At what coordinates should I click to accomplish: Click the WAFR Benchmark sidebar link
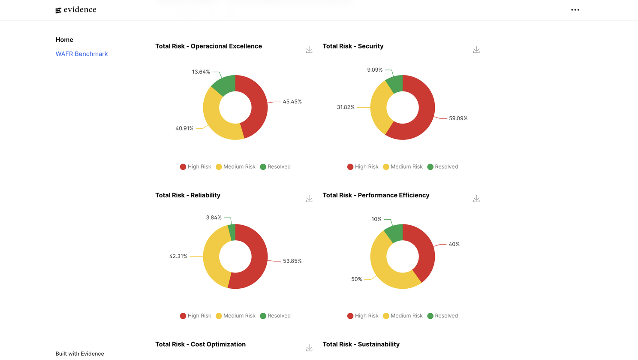(81, 54)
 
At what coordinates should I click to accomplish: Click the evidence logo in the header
(76, 10)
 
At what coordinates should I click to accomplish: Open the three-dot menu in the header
(575, 10)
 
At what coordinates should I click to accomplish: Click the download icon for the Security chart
(476, 50)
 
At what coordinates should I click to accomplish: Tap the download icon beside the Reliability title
(309, 199)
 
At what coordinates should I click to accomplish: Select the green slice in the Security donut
(395, 84)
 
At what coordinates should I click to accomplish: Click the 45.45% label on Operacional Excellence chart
(292, 102)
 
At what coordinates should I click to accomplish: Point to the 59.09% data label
(458, 118)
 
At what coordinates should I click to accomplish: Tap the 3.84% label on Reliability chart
(214, 218)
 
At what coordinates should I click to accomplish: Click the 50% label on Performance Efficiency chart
(356, 279)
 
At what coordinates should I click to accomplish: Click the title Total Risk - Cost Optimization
(200, 344)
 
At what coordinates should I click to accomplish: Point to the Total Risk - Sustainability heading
(361, 344)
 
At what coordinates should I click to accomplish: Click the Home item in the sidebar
(64, 40)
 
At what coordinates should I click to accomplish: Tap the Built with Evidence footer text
(80, 354)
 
